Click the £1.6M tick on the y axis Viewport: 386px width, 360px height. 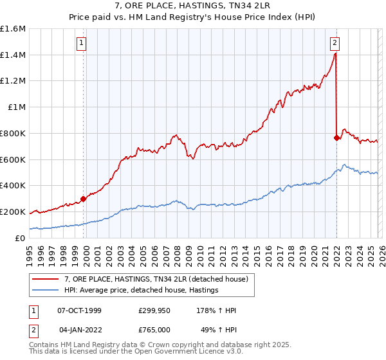(x=13, y=29)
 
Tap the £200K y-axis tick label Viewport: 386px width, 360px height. (x=13, y=212)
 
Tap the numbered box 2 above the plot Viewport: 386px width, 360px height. (x=335, y=44)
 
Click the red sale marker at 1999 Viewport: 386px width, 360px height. (x=83, y=199)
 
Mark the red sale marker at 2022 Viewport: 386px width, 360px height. (x=336, y=138)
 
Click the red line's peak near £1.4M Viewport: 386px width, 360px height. (x=335, y=54)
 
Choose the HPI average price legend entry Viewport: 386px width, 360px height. (x=141, y=291)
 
